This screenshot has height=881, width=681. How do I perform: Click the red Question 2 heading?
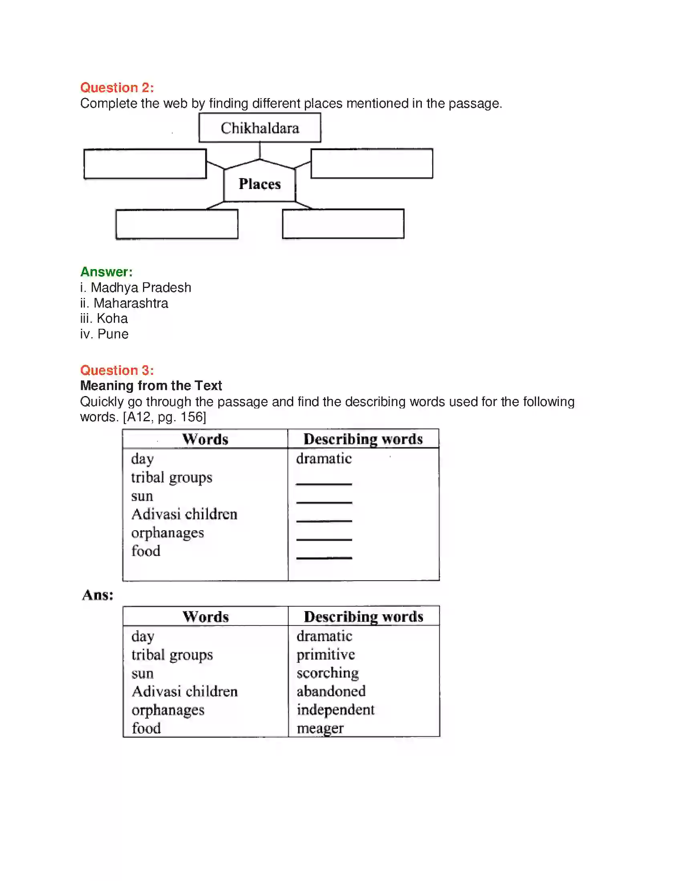click(x=117, y=88)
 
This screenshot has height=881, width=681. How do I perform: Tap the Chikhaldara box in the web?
click(x=260, y=128)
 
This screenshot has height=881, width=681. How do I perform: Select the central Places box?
click(x=260, y=184)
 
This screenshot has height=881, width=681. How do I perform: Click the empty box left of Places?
click(x=145, y=164)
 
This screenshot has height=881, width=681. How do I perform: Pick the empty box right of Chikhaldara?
click(x=372, y=163)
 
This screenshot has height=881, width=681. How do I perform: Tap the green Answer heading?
click(x=106, y=272)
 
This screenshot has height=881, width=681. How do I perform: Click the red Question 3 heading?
click(x=117, y=370)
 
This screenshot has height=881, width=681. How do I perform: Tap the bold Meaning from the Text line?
click(x=151, y=386)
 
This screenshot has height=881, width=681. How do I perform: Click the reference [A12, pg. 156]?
click(x=164, y=417)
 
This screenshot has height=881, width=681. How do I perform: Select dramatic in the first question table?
click(x=324, y=459)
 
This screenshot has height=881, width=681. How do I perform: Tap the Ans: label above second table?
click(x=98, y=595)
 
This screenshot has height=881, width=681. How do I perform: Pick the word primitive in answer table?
click(x=326, y=654)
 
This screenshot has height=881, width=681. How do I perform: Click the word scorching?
click(x=327, y=673)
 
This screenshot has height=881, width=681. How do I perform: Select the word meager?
click(x=320, y=728)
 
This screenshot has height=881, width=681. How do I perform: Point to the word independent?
click(x=335, y=710)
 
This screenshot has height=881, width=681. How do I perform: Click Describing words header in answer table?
click(x=363, y=617)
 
